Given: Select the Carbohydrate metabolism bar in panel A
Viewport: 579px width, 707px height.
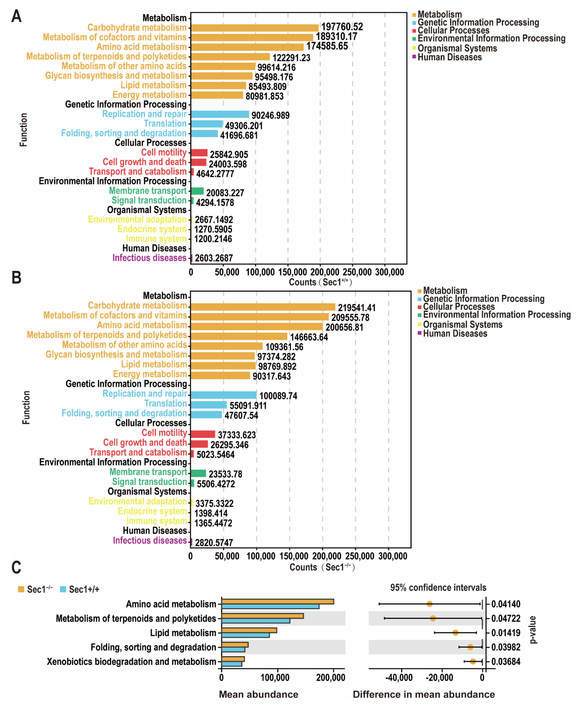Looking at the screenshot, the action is (x=254, y=28).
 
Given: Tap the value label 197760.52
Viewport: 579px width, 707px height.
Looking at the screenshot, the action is (x=342, y=27).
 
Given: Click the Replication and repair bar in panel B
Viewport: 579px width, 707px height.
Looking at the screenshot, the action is (x=223, y=395).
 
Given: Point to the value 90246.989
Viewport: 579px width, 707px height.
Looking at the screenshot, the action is (x=270, y=115).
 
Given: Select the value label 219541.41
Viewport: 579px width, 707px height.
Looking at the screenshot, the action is (x=357, y=307).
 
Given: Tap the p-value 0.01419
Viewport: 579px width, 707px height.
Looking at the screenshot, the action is (x=506, y=633).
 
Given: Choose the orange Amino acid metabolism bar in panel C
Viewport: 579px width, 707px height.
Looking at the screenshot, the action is (x=278, y=601).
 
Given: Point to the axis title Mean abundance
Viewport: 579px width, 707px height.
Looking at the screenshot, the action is (x=258, y=694).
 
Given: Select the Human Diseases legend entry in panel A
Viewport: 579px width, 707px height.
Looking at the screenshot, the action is (x=447, y=57).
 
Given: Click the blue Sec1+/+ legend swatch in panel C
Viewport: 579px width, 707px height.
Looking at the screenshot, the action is (x=63, y=589).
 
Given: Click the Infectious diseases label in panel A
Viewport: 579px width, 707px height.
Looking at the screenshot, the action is (x=149, y=258).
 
